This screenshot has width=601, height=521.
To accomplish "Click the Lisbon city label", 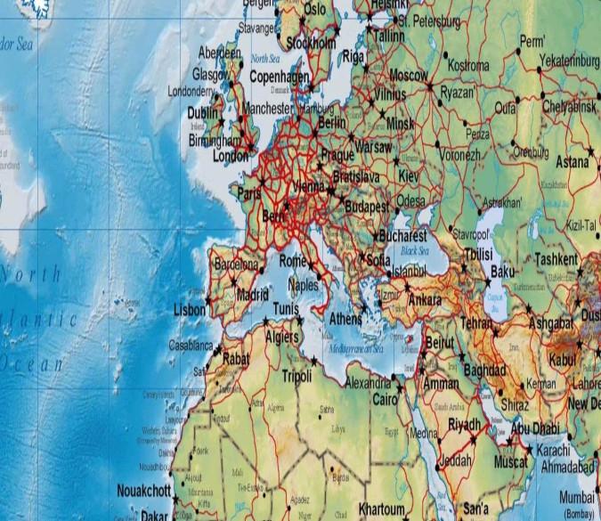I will [190, 309].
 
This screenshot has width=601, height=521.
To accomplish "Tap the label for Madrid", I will [252, 294].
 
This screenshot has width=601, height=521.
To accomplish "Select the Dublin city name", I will [202, 113].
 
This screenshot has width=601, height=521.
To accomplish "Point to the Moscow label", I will [409, 75].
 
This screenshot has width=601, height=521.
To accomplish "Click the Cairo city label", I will [384, 398].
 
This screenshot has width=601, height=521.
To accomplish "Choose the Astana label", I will [573, 163].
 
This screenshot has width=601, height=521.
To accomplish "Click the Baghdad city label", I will [484, 370].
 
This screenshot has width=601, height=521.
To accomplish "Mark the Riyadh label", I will [464, 423].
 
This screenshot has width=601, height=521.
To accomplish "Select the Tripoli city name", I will [296, 376].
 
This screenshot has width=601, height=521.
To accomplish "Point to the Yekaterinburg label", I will [569, 61].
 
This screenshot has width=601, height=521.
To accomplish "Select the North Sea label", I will [265, 58].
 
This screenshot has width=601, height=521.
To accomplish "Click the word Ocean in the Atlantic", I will [33, 363].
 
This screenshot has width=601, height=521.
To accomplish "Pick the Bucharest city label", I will [402, 238].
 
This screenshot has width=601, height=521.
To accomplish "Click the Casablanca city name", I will [191, 346].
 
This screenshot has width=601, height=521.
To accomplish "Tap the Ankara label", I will [424, 299].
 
